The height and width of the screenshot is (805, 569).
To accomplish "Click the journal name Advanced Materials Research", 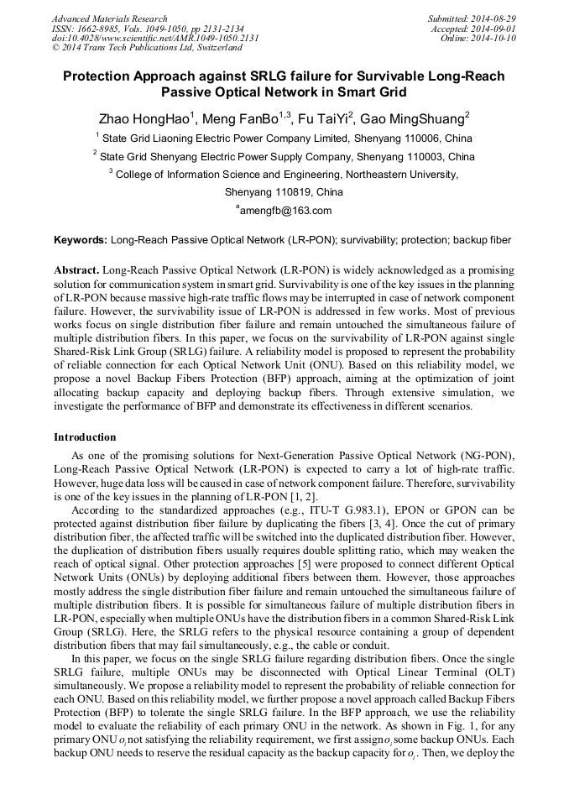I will pos(109,18).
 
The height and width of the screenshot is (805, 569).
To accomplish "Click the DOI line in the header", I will pos(155,38).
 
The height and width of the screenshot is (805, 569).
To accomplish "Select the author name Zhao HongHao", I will pos(144,119).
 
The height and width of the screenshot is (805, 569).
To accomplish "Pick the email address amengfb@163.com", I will pos(285,211).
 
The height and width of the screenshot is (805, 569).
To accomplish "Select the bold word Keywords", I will pos(80,240).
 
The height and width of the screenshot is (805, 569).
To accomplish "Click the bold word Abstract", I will pos(76,272).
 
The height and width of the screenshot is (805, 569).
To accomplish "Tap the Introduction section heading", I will pos(85,437).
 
